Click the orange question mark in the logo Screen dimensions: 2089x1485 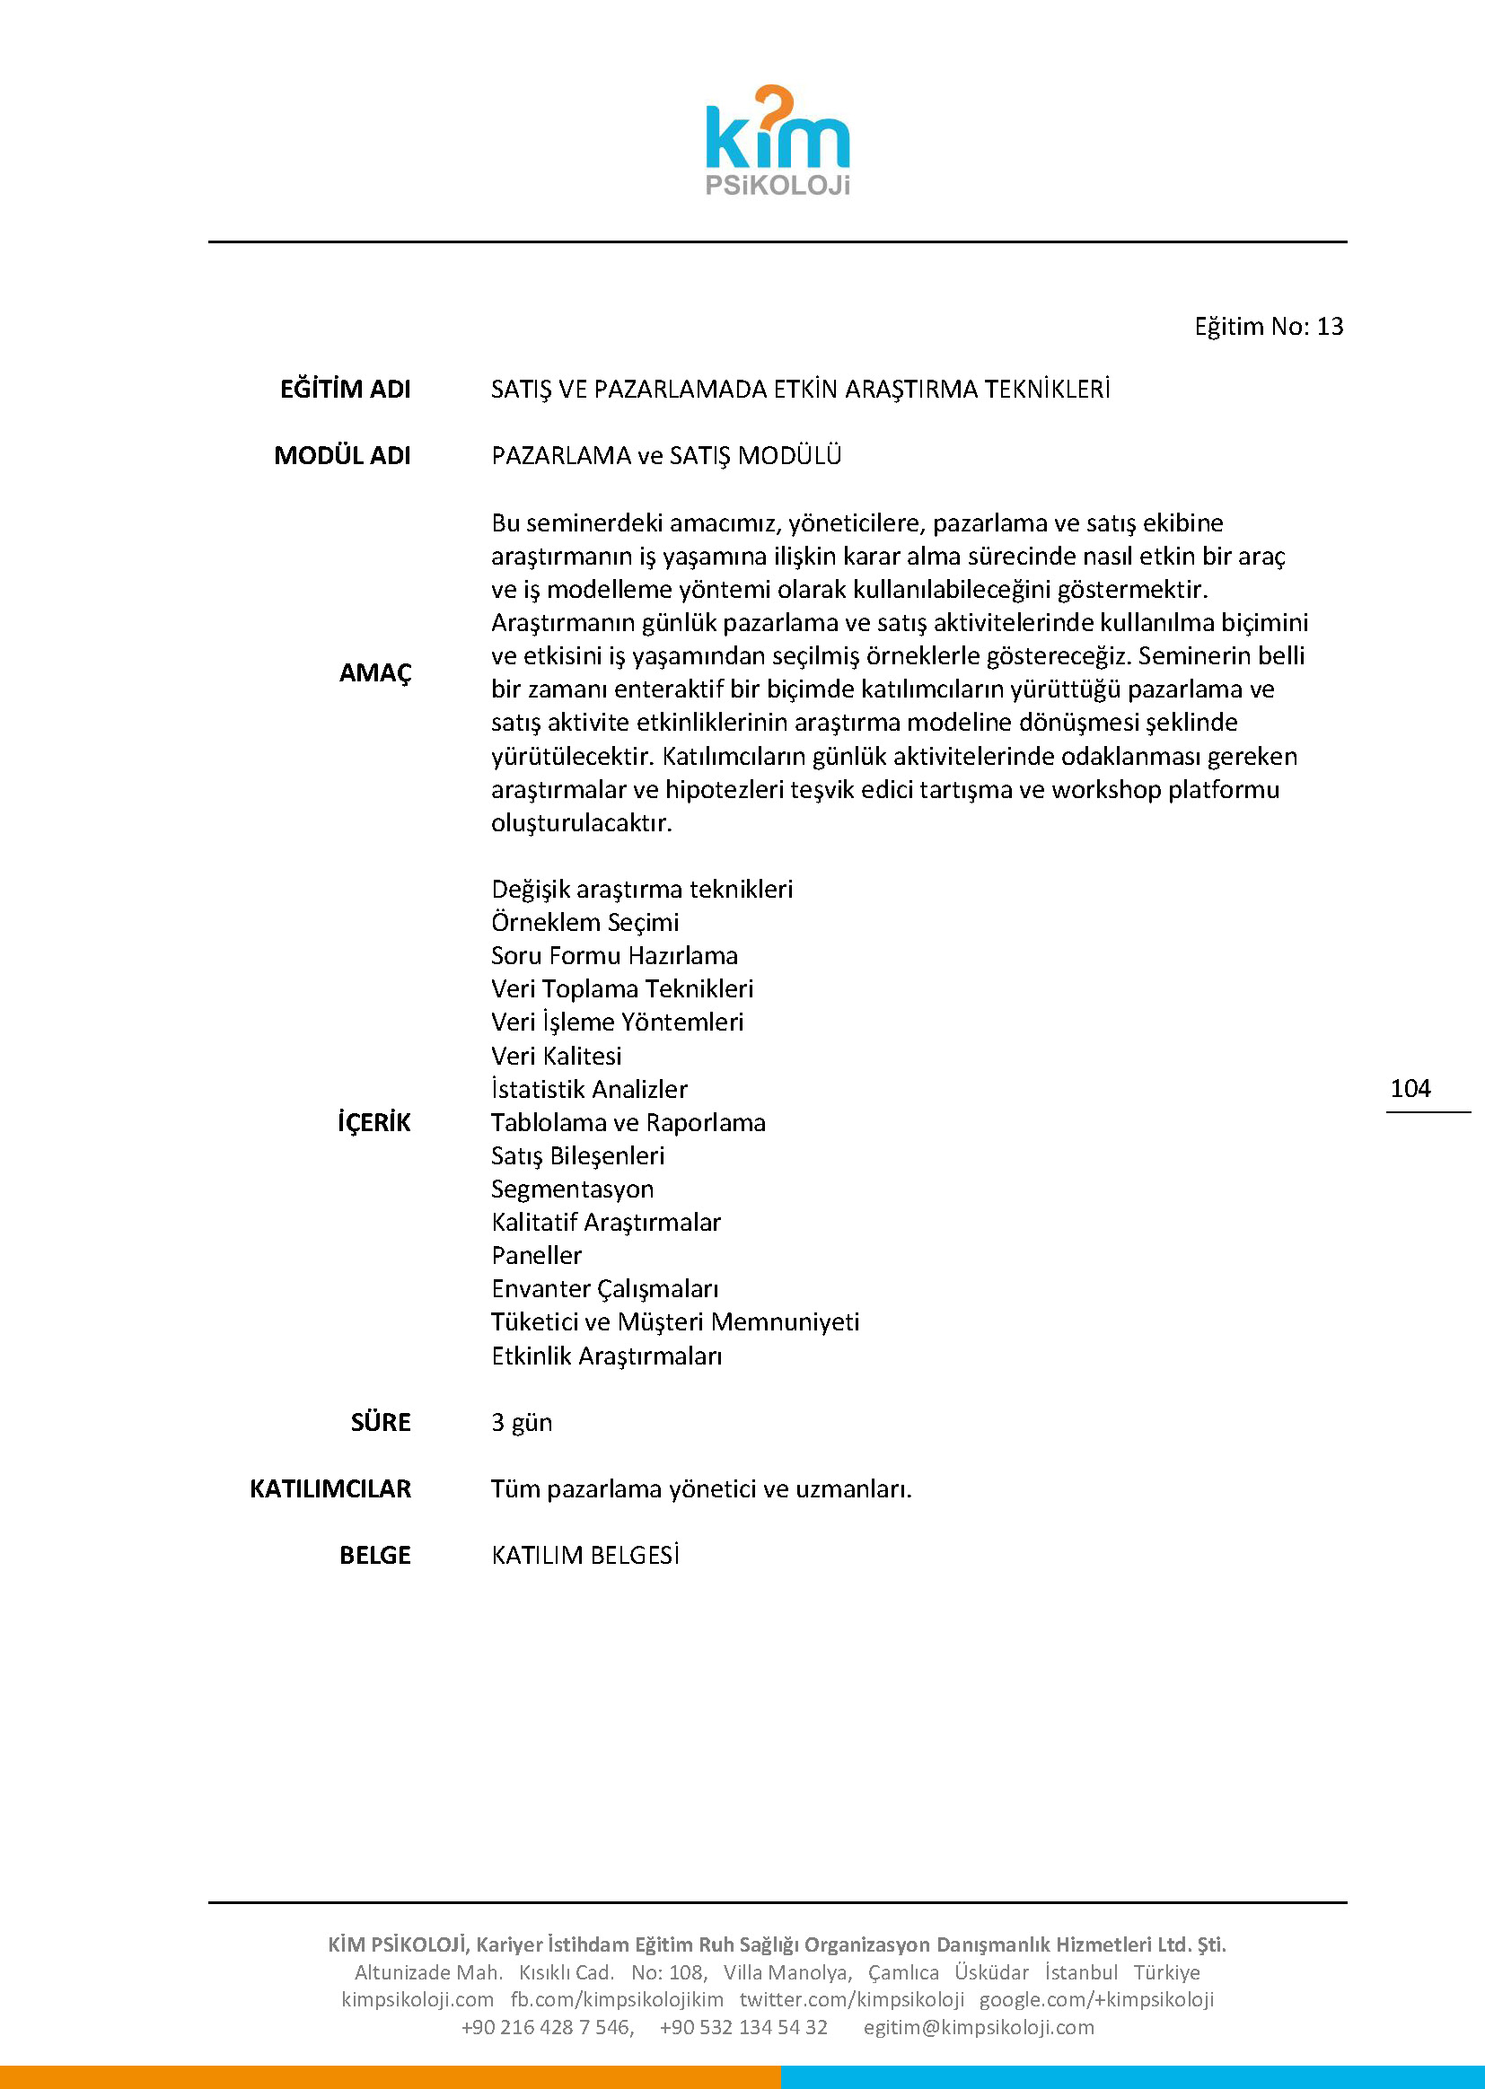774,108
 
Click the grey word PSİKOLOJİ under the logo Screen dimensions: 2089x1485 778,185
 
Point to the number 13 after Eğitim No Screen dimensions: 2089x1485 1330,327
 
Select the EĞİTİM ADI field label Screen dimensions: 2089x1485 345,390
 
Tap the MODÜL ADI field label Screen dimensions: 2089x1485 342,455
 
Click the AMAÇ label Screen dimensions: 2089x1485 375,673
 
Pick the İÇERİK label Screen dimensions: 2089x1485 374,1123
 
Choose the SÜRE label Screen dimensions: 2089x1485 381,1423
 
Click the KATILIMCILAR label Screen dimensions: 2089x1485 330,1489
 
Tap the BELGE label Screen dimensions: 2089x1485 375,1556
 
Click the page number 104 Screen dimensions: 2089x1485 1410,1088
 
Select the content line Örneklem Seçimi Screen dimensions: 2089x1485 584,923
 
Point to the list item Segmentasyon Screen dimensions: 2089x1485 573,1189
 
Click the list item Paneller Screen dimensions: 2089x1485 536,1256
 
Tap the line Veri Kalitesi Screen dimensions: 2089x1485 556,1056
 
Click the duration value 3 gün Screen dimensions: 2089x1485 522,1423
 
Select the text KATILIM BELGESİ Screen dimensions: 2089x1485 584,1556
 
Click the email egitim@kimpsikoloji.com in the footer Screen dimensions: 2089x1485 979,2027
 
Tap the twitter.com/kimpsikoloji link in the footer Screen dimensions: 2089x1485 851,1999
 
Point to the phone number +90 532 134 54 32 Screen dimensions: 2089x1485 742,2027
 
